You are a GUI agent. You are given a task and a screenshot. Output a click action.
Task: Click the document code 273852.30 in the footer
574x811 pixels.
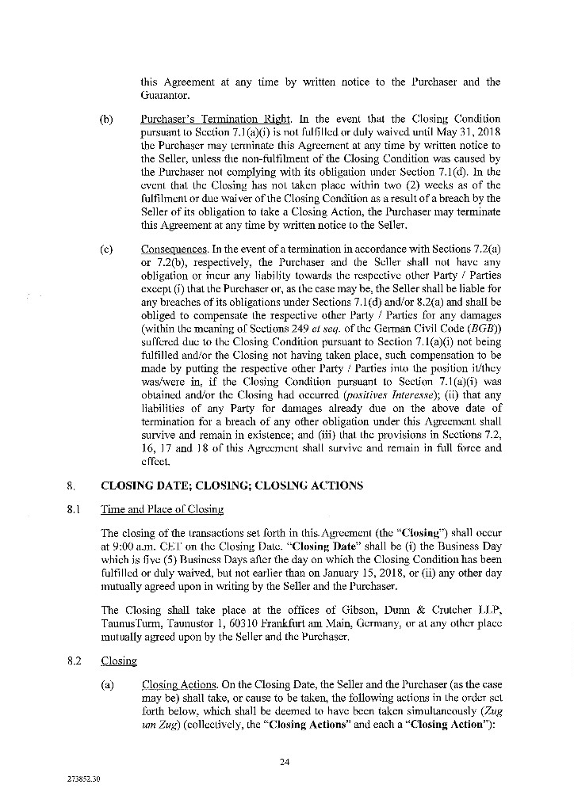pos(84,779)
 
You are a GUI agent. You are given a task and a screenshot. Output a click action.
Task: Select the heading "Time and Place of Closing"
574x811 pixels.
pos(163,509)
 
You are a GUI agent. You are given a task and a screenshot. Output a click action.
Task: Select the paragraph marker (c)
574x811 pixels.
pos(107,249)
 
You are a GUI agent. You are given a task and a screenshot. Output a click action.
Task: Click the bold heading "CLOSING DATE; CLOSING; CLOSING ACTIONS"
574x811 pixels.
pos(232,485)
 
